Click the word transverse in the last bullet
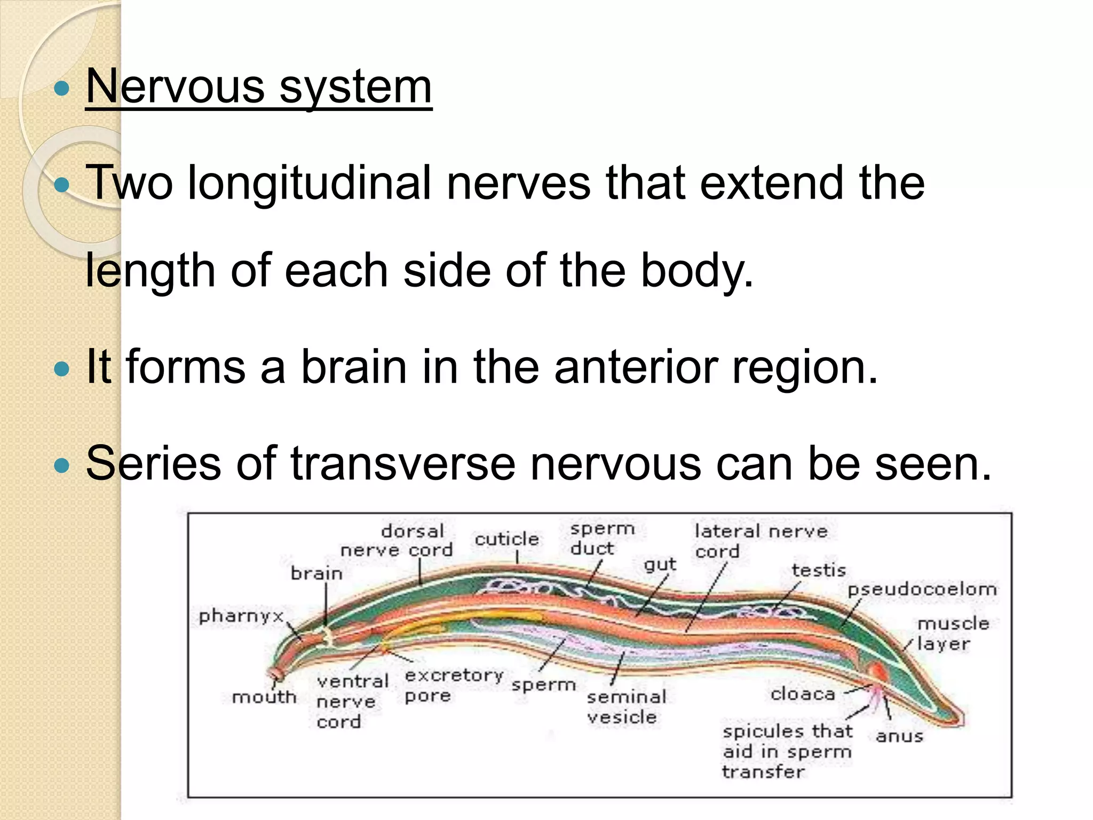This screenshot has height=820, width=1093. pos(403,463)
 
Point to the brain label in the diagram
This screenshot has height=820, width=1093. pos(316,573)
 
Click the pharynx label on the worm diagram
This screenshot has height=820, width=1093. pos(241,616)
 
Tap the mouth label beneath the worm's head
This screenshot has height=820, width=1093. pos(264,697)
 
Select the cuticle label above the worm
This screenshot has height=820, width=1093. pos(506,539)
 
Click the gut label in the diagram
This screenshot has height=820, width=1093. pos(660,565)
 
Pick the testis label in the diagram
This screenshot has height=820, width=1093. pos(819,570)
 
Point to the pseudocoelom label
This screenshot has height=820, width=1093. pos(922,589)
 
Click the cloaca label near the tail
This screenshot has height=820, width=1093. pos(803,694)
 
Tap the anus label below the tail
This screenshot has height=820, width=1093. pos(899,736)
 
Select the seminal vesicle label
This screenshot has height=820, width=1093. pos(625,707)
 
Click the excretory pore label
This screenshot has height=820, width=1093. pos(454,685)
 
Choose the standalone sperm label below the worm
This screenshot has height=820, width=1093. pos(543,685)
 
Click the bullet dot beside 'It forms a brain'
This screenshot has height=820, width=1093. pos(62,369)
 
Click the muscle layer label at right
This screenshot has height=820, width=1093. pos(953,634)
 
